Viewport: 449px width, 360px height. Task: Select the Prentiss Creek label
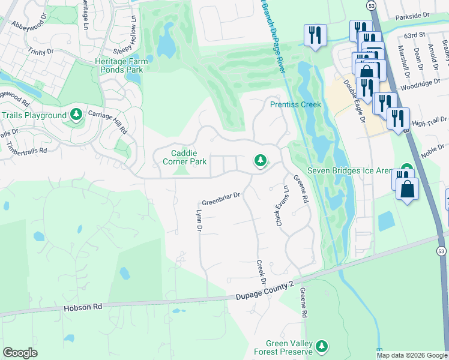(295, 104)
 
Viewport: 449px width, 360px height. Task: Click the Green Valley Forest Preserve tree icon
(322, 346)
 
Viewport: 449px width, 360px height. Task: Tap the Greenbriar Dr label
(221, 195)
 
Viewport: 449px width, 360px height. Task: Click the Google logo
(20, 353)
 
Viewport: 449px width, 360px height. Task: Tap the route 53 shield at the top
(372, 5)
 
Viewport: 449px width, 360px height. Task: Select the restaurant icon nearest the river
(315, 35)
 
